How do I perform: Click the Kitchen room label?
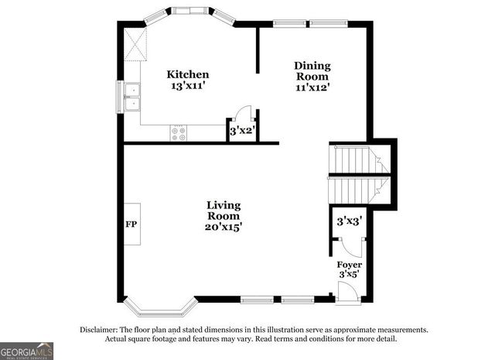[x=188, y=74]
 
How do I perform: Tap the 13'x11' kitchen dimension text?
[x=188, y=86]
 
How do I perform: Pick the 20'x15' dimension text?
[x=224, y=228]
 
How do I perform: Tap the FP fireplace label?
[x=131, y=224]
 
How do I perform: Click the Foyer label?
[x=350, y=265]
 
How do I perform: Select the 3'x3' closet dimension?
[x=349, y=221]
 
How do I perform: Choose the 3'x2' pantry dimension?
[x=243, y=132]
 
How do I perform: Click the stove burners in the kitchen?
[x=179, y=133]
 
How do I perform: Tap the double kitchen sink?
[x=133, y=96]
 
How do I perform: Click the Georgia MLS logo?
[x=27, y=351]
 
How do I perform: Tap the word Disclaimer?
[x=100, y=330]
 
